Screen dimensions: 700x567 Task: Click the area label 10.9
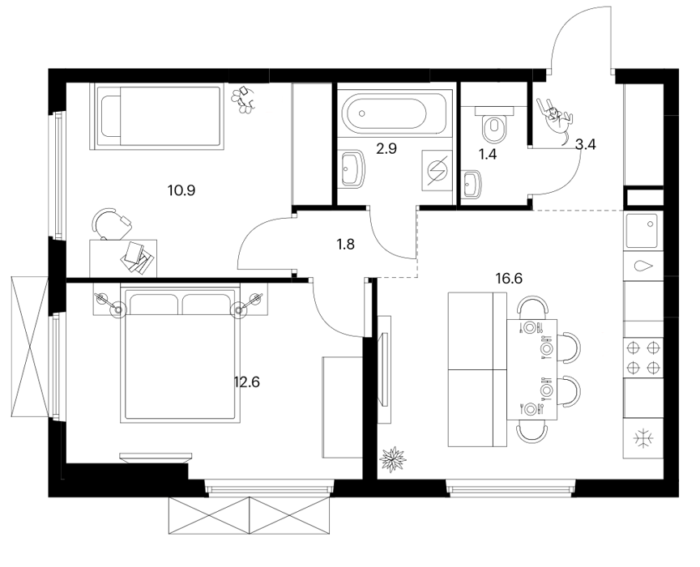[x=181, y=191]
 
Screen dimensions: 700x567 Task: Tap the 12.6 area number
[x=247, y=382]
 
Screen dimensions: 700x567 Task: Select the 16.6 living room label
[x=509, y=279]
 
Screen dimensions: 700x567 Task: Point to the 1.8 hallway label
[x=345, y=244]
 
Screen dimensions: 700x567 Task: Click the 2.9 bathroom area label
[x=386, y=149]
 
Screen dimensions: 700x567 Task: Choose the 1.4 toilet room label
[x=488, y=155]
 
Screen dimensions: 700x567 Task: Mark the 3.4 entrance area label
[x=586, y=144]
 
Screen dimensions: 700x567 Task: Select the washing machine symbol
[x=437, y=171]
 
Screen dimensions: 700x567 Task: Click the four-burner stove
[x=643, y=357]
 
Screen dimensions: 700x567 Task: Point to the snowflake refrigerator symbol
[x=643, y=438]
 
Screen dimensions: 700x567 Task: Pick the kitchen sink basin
[x=642, y=231]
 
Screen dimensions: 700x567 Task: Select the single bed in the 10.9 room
[x=156, y=117]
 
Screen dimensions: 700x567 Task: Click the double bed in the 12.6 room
[x=180, y=352]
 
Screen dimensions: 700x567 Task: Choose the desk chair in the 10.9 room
[x=112, y=224]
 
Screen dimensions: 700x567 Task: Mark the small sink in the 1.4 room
[x=472, y=184]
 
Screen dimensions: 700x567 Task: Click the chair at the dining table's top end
[x=532, y=307]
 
